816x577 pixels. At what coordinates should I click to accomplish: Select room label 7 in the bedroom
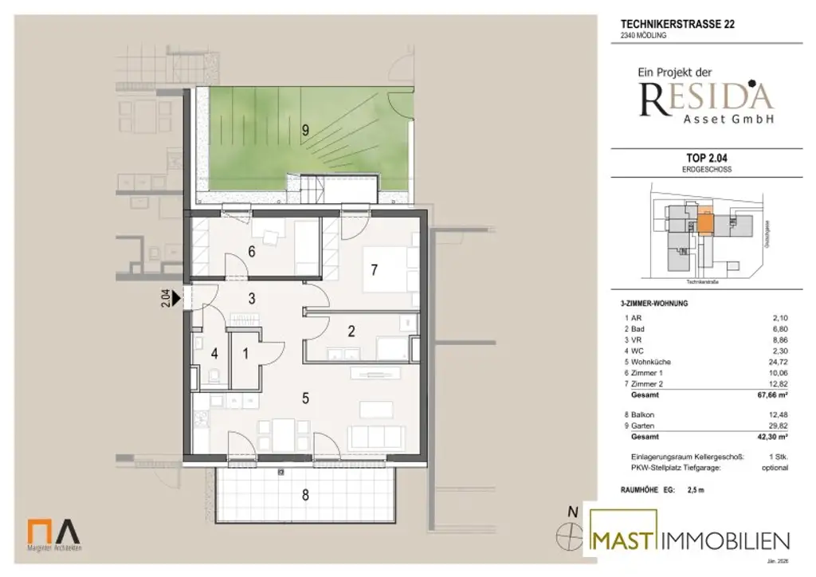click(x=373, y=269)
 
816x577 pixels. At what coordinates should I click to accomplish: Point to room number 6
click(x=251, y=253)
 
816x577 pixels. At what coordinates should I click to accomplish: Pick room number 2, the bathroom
click(x=351, y=332)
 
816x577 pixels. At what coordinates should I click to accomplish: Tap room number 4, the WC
click(x=213, y=353)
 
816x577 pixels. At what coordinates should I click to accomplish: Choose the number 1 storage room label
click(x=245, y=352)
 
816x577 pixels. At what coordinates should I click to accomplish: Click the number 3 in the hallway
click(x=251, y=299)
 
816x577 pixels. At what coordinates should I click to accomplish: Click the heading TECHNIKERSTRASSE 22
click(x=677, y=24)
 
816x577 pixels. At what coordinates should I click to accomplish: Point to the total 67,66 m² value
click(x=772, y=394)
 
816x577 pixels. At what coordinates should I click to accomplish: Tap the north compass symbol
click(x=571, y=536)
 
